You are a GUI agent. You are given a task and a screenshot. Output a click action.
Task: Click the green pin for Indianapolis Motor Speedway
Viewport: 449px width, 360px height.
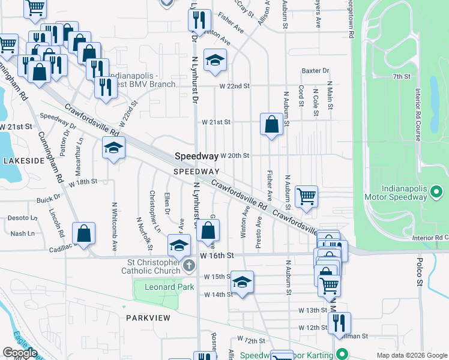point(437,193)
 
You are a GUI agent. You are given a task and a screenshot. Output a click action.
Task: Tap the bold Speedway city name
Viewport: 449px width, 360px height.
point(196,156)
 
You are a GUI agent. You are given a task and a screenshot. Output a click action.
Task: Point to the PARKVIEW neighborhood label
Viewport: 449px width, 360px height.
point(148,317)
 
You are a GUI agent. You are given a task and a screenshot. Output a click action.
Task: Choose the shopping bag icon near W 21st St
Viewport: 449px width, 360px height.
point(271,125)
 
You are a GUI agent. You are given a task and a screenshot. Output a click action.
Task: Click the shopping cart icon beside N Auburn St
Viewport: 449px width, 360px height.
point(306,196)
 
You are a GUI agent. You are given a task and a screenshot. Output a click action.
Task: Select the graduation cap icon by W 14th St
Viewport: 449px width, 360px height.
point(241,282)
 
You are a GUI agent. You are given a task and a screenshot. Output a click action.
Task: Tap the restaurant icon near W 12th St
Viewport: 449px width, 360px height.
point(339,323)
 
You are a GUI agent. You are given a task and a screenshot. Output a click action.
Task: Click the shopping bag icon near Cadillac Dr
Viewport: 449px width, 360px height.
point(83,233)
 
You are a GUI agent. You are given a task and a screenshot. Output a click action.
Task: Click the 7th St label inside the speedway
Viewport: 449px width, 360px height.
point(401,77)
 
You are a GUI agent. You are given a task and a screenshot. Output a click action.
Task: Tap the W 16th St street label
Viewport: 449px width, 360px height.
point(215,256)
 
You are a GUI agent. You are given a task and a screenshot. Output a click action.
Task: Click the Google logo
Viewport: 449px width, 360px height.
point(20,353)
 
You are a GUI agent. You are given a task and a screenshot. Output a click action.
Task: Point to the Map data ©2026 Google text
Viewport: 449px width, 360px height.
point(412,355)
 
